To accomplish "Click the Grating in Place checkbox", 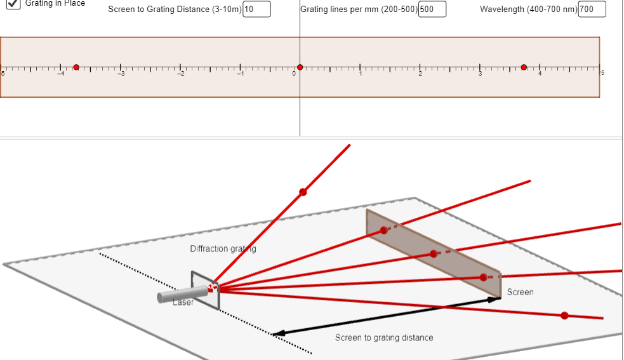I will pos(13,3).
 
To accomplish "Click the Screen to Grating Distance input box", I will pos(256,10).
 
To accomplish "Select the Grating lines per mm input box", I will pos(432,10).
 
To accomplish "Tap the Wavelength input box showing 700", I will pos(592,10).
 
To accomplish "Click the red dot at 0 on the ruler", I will pos(300,67).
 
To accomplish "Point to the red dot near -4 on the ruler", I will pos(76,67).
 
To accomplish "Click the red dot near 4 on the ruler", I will pos(524,67).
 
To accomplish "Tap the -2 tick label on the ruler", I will pos(180,75).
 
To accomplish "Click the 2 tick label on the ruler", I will pos(420,75).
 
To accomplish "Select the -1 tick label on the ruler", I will pos(240,75).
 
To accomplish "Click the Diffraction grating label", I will pos(223,249).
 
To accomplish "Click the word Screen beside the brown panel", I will pos(520,292).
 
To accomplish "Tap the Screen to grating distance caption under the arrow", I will pos(384,338).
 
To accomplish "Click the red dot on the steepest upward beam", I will pos(303,192).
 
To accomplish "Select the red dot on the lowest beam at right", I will pos(564,316).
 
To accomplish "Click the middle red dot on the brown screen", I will pos(434,254).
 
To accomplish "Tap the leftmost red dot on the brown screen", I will pos(383,230).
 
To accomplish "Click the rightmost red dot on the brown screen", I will pos(483,277).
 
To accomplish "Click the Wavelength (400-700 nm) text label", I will pos(528,10).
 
